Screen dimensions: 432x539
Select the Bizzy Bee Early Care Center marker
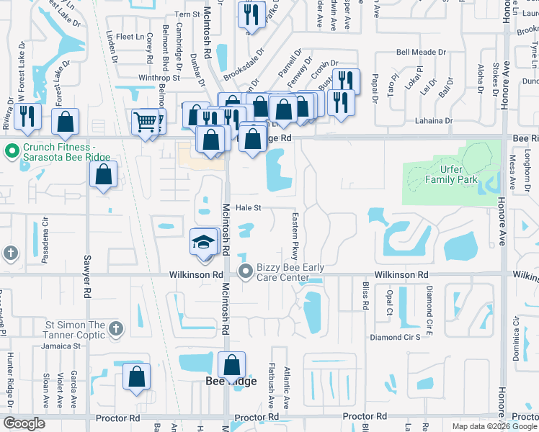tap(245, 271)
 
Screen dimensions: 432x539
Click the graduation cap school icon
tap(204, 241)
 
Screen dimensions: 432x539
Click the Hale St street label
tap(246, 207)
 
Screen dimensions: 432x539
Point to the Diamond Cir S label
tap(394, 337)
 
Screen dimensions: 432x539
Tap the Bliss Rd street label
tap(365, 294)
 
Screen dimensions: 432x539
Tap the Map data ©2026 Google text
tap(494, 426)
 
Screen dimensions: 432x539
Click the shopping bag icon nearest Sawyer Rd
tap(104, 174)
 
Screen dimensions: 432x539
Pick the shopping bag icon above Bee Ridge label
tap(232, 365)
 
